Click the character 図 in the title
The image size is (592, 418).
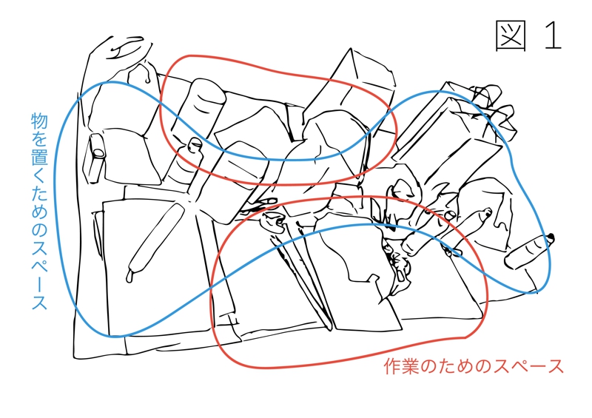(511, 36)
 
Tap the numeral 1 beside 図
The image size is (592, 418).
(553, 36)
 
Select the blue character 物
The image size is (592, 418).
(39, 120)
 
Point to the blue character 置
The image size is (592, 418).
(39, 157)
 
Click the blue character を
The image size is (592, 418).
(39, 138)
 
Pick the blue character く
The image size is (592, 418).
(39, 175)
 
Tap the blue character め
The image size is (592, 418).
(39, 211)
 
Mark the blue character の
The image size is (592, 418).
(39, 229)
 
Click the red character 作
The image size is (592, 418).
(392, 366)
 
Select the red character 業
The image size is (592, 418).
(411, 366)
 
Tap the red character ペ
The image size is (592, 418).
(519, 366)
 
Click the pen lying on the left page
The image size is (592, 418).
(154, 243)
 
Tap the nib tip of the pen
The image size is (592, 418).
(129, 280)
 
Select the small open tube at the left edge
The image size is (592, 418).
(96, 158)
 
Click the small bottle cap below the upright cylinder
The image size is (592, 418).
(195, 145)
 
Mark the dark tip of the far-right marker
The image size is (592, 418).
(551, 238)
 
